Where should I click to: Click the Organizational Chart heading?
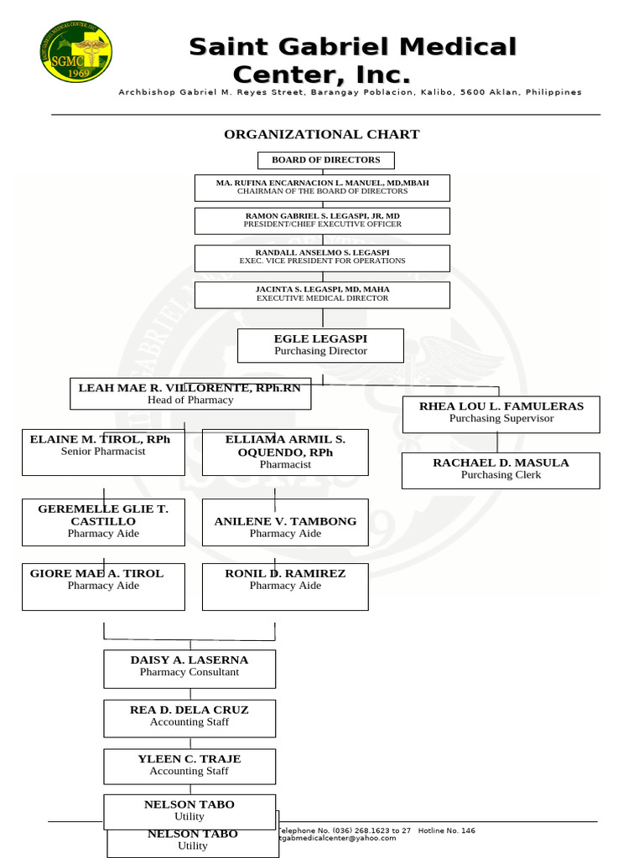321,134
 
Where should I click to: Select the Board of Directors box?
325,160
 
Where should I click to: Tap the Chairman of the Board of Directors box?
322,188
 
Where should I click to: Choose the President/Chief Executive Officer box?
322,220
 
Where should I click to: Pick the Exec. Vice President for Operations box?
322,257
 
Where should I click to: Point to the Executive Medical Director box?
322,294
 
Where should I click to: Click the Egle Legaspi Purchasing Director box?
320,345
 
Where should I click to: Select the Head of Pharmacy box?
190,394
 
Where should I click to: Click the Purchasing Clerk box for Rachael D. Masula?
501,470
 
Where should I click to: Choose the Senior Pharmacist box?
103,452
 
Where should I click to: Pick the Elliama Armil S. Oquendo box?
285,452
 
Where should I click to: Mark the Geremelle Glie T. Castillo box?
103,521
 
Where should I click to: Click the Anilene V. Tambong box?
285,522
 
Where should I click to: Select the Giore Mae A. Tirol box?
103,586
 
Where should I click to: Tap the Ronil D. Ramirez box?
285,586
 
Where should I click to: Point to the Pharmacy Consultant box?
190,668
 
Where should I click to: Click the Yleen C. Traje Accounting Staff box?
190,766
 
